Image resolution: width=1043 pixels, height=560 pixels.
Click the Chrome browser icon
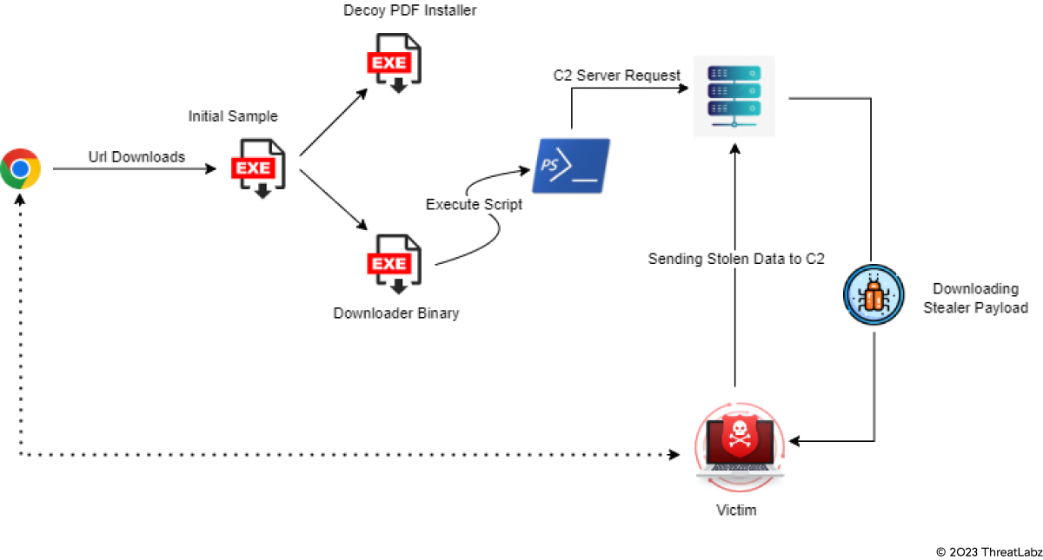pos(21,168)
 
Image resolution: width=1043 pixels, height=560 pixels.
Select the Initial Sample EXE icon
pos(255,167)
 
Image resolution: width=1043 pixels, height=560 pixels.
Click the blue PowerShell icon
pos(571,165)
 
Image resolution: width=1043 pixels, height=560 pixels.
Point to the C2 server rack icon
pos(734,96)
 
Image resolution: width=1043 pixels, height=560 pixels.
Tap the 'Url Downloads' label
pos(136,157)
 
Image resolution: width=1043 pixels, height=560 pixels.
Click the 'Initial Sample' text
pos(233,116)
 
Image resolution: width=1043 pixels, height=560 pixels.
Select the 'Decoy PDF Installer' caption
pos(410,10)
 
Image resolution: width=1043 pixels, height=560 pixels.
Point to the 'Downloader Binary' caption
pos(396,313)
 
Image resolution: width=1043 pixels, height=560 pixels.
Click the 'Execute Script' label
pos(475,205)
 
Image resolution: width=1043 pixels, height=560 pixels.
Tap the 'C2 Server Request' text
pos(617,76)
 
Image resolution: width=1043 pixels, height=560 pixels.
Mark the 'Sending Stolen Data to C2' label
pos(736,258)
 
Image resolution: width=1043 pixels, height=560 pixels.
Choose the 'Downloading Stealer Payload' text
pos(975,298)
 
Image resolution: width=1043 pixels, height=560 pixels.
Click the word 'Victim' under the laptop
pos(736,510)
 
